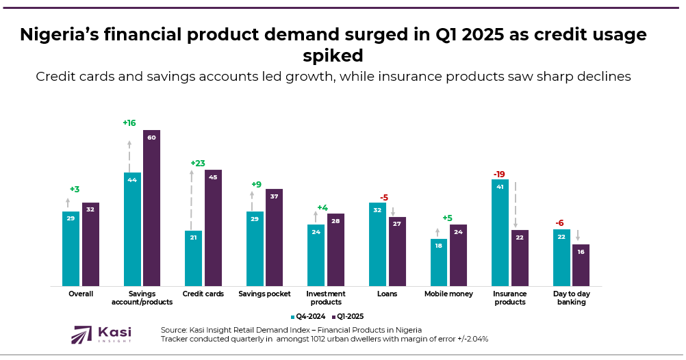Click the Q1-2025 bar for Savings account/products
[x=151, y=208]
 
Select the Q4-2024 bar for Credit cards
[x=193, y=258]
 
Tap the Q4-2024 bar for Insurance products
[x=500, y=233]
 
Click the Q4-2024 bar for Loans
[x=377, y=244]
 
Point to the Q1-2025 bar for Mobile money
[x=458, y=255]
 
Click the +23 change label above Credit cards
[x=198, y=164]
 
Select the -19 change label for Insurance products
[x=500, y=174]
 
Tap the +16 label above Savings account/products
[x=129, y=123]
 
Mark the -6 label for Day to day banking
[x=559, y=223]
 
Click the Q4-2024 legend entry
[x=309, y=316]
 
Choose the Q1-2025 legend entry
[x=348, y=316]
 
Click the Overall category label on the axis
[x=81, y=294]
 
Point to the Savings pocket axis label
[x=264, y=294]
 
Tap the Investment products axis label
[x=325, y=298]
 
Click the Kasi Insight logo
[x=103, y=335]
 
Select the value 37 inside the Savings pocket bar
[x=274, y=196]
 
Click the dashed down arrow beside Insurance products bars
[x=516, y=205]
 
